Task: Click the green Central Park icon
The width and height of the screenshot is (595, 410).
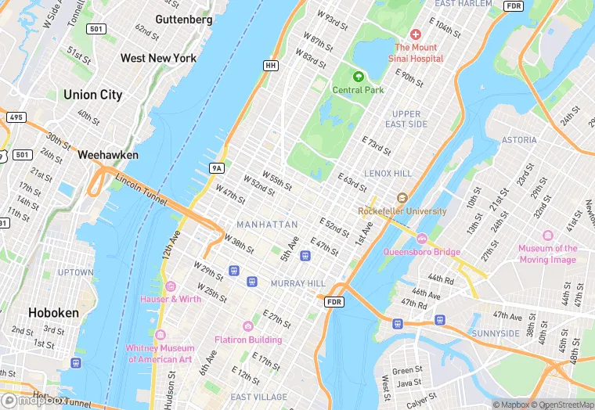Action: tap(359, 77)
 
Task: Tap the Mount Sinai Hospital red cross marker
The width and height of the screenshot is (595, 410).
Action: tap(415, 35)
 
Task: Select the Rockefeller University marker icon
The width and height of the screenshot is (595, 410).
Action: tap(402, 199)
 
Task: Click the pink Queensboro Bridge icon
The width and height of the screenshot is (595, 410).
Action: tap(422, 239)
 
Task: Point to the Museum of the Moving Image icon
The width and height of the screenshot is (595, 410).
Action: tap(547, 236)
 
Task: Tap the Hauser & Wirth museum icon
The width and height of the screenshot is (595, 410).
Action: tap(170, 286)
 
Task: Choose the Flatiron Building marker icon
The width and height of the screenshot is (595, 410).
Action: tap(248, 326)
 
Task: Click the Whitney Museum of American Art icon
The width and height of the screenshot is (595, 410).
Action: tap(160, 335)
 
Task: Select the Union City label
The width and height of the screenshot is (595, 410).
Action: tap(92, 95)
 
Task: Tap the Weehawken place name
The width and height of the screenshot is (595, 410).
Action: tap(108, 155)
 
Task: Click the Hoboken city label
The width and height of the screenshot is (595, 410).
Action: tap(53, 312)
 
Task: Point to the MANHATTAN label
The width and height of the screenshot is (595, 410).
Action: tap(267, 225)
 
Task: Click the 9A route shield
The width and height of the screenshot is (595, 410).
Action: tap(217, 167)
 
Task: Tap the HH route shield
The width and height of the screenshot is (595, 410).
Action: tap(271, 66)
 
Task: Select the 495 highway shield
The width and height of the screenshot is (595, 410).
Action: tap(15, 117)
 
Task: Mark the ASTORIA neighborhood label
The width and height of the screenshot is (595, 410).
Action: tap(518, 140)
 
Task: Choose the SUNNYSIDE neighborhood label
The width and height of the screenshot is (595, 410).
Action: tap(496, 333)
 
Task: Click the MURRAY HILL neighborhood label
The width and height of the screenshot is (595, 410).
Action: tap(297, 282)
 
